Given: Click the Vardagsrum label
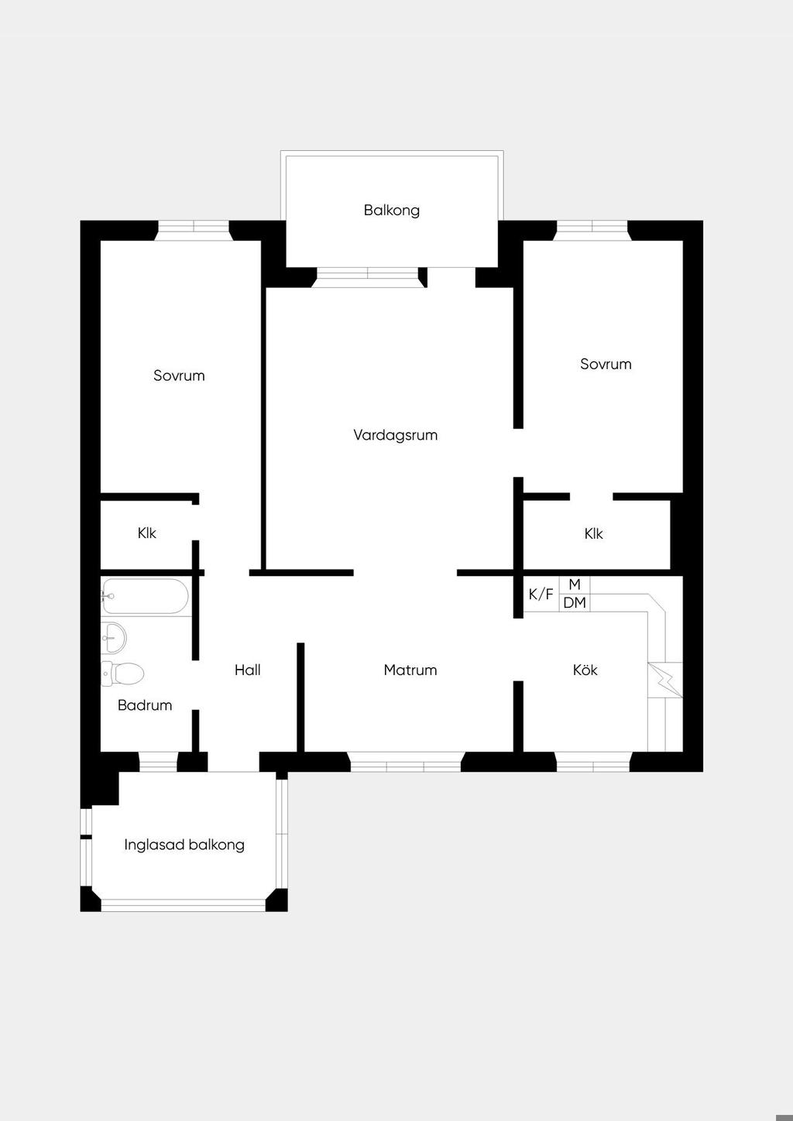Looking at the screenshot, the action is tap(396, 435).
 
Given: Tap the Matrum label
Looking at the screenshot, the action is tap(410, 670).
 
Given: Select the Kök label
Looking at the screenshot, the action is tap(585, 670).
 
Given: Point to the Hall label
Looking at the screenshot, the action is tap(247, 670).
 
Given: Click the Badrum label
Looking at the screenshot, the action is tap(145, 705).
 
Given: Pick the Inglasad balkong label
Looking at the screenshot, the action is tap(184, 845).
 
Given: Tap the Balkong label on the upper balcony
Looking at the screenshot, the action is tap(392, 211).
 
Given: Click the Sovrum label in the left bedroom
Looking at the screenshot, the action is tap(179, 375).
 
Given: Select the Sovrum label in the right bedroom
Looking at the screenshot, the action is tap(606, 364).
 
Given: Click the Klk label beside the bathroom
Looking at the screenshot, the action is tap(146, 533).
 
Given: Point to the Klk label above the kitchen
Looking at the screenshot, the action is tap(594, 533).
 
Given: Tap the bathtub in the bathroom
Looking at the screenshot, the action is tap(145, 596).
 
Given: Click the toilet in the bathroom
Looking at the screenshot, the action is tap(122, 674).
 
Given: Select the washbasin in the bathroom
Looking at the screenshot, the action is tap(114, 638).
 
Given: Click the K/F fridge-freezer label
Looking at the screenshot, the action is tap(541, 595).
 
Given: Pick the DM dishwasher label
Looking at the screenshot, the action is tap(575, 602).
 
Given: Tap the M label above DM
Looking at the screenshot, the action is tap(575, 584).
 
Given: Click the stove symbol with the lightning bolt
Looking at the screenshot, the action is tap(665, 680).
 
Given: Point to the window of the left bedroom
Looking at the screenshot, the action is tap(194, 231).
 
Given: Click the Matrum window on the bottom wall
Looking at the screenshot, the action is tap(405, 762).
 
